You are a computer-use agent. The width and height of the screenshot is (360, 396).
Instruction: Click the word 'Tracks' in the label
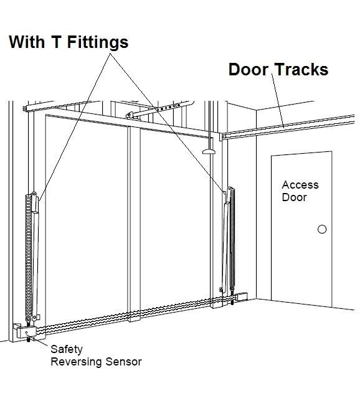[300, 70]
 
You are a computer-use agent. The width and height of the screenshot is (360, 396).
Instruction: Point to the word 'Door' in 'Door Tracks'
[248, 70]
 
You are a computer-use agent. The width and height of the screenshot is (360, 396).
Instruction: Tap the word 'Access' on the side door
[300, 185]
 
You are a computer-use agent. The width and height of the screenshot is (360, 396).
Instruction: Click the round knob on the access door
[321, 229]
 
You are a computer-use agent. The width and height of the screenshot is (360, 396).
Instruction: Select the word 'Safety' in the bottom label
[66, 349]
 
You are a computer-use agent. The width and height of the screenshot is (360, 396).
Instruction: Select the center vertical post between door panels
[130, 218]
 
